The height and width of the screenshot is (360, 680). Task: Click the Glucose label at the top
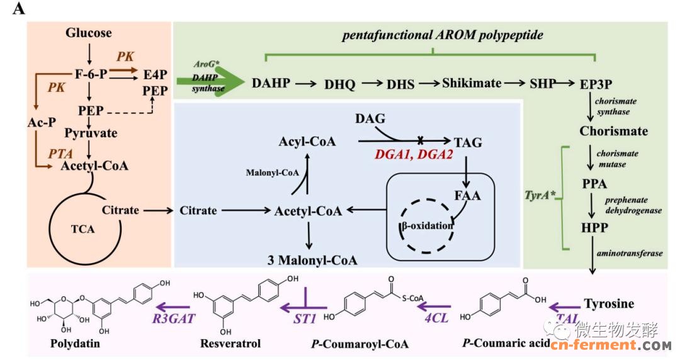pos(89,33)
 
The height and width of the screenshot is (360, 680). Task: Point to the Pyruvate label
pos(91,133)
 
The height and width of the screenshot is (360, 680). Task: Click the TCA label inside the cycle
pos(82,229)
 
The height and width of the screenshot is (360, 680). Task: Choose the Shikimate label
pos(472,82)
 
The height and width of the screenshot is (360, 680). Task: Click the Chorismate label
pos(614,131)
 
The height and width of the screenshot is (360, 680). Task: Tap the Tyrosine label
pos(609,303)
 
